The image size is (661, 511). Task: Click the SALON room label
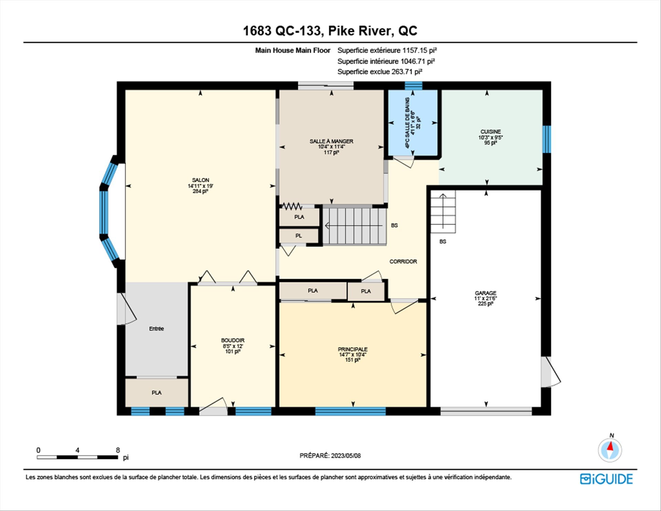click(x=200, y=180)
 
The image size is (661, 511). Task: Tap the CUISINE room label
click(x=491, y=132)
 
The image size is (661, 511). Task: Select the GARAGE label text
click(x=485, y=293)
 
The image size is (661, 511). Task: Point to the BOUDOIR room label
click(x=233, y=340)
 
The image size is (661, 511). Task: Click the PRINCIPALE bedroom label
click(x=353, y=349)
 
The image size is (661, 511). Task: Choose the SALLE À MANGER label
click(x=331, y=141)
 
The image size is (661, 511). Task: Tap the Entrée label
click(x=156, y=329)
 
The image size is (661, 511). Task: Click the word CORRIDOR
click(x=403, y=262)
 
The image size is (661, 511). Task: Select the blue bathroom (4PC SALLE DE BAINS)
click(x=413, y=123)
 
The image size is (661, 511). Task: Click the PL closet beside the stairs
click(x=298, y=236)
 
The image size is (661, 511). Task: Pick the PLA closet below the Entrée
click(x=157, y=393)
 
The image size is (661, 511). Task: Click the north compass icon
click(x=610, y=449)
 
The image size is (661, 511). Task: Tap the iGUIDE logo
click(x=606, y=479)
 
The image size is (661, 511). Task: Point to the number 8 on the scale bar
click(x=118, y=450)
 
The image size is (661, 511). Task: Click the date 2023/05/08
click(x=346, y=456)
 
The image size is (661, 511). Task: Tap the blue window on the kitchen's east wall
click(x=547, y=139)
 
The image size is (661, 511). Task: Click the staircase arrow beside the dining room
click(x=354, y=226)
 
